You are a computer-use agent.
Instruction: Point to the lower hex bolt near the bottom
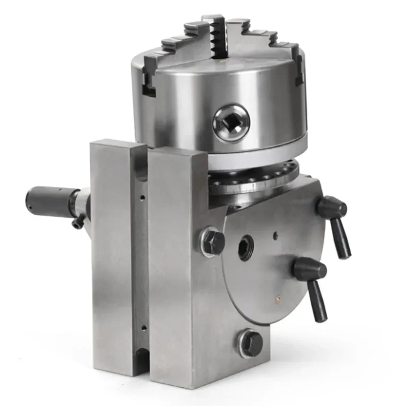(251, 344)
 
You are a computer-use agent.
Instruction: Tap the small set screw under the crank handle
(77, 222)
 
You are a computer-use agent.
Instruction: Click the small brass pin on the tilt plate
(278, 297)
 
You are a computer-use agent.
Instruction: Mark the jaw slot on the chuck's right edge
(299, 71)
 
